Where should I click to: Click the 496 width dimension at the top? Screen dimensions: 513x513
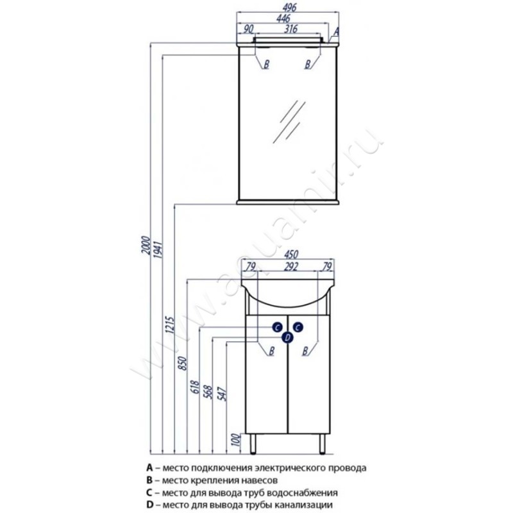tap(290, 7)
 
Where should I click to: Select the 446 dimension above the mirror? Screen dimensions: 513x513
tap(283, 19)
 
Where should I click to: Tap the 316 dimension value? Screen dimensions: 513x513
tap(290, 29)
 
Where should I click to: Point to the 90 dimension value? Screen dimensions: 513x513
tap(249, 29)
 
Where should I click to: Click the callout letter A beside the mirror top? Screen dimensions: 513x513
tap(336, 31)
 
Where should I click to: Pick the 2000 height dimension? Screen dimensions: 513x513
tap(146, 246)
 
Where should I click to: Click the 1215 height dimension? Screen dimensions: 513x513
tap(170, 324)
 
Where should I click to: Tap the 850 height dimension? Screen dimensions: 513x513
tap(183, 363)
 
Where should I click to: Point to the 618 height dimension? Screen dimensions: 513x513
tap(196, 387)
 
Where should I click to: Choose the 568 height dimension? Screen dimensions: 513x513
tap(208, 392)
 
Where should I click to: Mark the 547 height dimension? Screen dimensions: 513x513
tap(222, 394)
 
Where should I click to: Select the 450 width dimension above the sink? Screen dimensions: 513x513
tap(290, 254)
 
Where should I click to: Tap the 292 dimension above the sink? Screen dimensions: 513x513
tap(290, 267)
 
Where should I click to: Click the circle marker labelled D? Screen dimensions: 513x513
tap(287, 337)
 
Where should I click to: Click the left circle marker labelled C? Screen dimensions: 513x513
tap(278, 327)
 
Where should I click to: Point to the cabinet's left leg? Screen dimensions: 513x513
tap(253, 444)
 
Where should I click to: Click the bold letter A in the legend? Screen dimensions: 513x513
tap(150, 468)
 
